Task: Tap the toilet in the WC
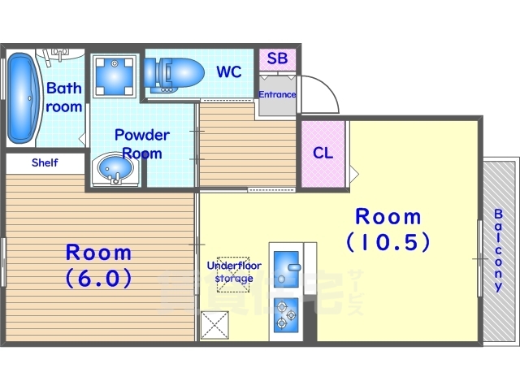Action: tap(174, 75)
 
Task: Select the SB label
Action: tap(277, 58)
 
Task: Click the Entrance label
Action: tap(277, 94)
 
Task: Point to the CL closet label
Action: tap(323, 153)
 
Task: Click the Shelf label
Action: tap(45, 162)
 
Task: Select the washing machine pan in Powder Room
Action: tap(115, 76)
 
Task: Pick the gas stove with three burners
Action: tap(286, 315)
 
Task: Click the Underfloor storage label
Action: tap(234, 271)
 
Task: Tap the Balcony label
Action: tap(498, 250)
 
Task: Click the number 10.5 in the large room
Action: tap(388, 242)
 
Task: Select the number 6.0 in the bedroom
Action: tap(99, 278)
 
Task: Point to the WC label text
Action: tap(229, 71)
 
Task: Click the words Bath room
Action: tap(63, 97)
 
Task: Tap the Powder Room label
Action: tap(142, 145)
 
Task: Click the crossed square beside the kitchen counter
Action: tap(214, 325)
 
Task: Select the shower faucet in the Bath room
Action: tap(59, 54)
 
